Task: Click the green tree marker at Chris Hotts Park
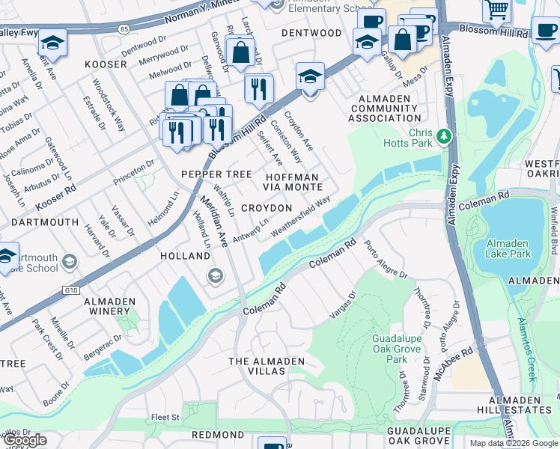tap(444, 136)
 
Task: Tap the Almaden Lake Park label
tap(509, 249)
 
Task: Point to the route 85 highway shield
tap(124, 29)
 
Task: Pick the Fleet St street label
tap(165, 417)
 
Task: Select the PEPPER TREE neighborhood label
tap(216, 174)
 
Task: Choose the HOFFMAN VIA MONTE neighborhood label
tap(293, 182)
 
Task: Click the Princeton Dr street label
tap(134, 173)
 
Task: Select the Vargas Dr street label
tap(339, 302)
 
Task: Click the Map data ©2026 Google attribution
tap(512, 443)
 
